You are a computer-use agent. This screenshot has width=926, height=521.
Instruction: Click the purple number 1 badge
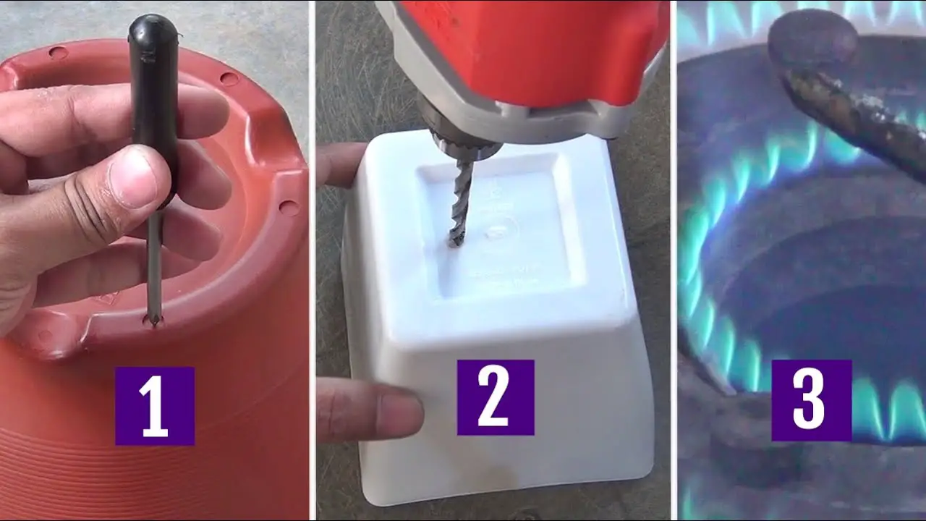point(154,406)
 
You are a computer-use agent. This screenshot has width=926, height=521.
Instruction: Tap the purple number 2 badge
point(495,397)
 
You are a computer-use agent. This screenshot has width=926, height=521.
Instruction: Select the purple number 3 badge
point(811,400)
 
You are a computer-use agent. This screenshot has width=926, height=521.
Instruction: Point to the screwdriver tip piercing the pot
point(153,319)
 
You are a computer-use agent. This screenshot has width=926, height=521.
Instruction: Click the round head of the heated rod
point(810,40)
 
